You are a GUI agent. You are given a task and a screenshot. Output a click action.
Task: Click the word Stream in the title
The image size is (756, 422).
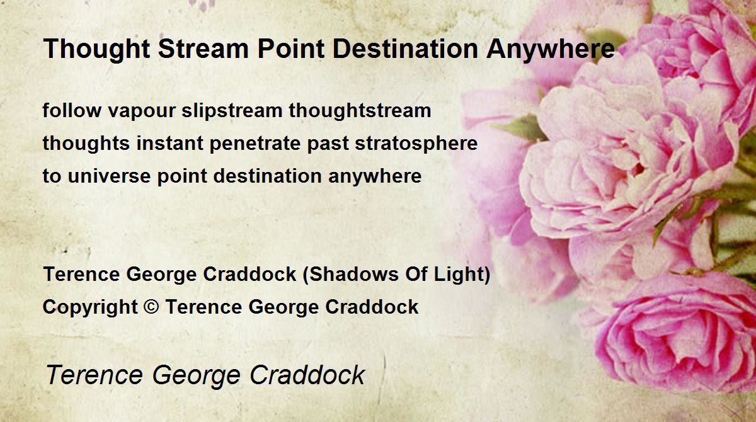203,48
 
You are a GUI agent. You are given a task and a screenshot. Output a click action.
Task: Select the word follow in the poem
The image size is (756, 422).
72,110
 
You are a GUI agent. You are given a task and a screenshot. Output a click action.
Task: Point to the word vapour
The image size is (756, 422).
142,112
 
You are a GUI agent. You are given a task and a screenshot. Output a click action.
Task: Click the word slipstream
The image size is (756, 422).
232,111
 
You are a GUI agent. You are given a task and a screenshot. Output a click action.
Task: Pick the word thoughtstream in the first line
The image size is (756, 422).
360,111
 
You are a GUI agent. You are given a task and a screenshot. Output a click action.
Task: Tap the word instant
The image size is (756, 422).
169,143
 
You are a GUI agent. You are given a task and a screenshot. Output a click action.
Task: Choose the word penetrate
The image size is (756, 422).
255,144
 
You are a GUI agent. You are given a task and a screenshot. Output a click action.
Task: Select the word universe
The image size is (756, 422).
109,176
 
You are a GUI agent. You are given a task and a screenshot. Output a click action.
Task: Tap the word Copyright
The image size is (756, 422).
90,307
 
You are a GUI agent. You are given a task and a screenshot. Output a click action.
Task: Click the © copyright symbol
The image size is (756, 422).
151,307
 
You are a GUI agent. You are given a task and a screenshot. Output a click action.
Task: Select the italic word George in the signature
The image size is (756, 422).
196,375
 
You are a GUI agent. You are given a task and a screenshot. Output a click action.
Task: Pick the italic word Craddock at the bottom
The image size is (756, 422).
307,375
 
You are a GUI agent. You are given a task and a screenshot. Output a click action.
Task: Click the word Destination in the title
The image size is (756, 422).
405,48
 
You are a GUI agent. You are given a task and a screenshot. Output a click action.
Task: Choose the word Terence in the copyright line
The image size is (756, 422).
204,307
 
